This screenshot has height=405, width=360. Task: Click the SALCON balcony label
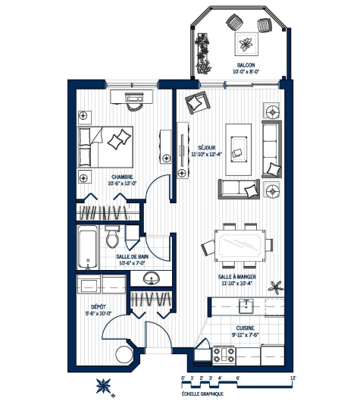coord(246,66)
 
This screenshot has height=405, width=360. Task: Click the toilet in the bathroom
coord(113,237)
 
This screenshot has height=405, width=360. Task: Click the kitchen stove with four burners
coord(224,355)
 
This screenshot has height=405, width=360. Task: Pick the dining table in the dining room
coord(243,243)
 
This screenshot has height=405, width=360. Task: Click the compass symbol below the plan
coord(104,387)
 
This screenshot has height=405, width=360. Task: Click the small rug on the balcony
coord(247,43)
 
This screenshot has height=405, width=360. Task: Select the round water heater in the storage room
coord(124,356)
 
